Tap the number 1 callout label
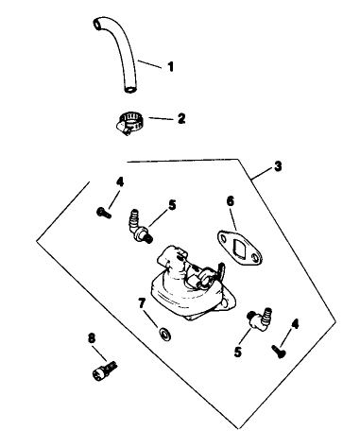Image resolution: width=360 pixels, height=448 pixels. point(171,66)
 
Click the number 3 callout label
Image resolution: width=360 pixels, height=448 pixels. point(277,167)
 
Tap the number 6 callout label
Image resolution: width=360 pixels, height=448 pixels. point(230,201)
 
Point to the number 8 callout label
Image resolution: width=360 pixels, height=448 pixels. point(91,337)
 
